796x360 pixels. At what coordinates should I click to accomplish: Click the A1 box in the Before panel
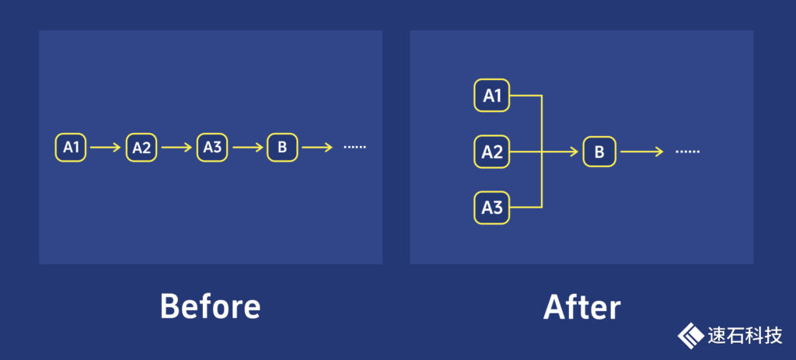tap(72, 147)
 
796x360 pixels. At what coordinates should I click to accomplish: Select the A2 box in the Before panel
tap(141, 147)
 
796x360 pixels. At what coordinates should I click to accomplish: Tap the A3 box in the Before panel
tap(211, 147)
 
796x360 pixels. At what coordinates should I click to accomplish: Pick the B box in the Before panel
tap(282, 147)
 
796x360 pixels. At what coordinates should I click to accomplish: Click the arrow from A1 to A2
tap(106, 147)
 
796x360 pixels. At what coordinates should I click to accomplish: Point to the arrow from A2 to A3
tap(176, 147)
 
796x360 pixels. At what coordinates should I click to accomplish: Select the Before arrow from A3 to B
tap(247, 147)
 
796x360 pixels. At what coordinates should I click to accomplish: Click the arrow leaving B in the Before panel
tap(317, 147)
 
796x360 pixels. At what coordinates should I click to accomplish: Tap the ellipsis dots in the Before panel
tap(354, 147)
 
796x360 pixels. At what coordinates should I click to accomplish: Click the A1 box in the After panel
tap(492, 96)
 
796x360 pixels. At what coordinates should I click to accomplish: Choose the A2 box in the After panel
tap(492, 152)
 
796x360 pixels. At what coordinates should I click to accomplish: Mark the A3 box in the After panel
tap(492, 208)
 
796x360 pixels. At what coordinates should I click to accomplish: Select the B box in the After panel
tap(599, 152)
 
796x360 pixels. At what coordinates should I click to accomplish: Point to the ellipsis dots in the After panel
tap(688, 152)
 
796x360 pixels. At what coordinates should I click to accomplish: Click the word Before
tap(210, 306)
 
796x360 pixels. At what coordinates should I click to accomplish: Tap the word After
tap(581, 308)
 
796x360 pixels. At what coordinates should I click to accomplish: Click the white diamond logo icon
tap(690, 336)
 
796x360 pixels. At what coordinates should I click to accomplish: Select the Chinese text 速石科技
tap(744, 336)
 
